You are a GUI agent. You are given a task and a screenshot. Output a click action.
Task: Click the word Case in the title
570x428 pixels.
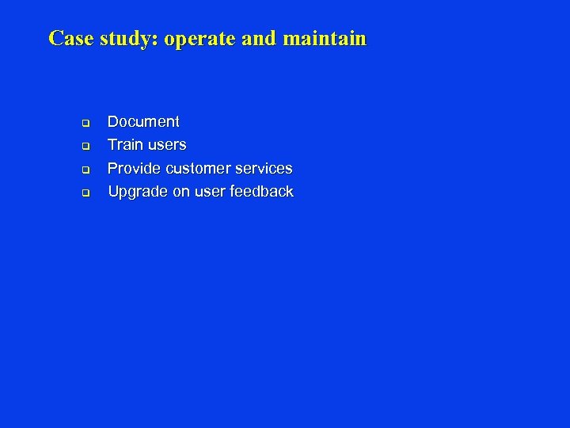pos(71,38)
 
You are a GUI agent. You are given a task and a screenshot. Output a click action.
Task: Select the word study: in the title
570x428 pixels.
pos(129,39)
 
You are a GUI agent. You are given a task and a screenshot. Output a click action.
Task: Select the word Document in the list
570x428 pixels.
pos(143,122)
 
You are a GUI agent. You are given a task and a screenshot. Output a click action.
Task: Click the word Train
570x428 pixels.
pos(125,145)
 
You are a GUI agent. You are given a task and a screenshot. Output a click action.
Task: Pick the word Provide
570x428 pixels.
pos(133,169)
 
